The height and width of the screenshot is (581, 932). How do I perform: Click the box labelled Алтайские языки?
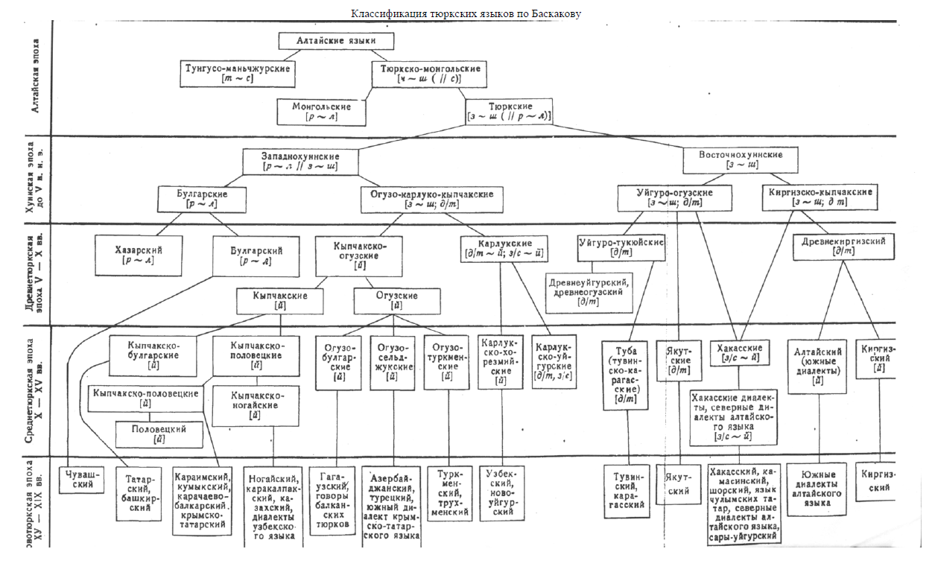336,41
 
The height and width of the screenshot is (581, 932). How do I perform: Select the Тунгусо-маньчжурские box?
238,73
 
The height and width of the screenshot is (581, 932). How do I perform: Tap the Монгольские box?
322,112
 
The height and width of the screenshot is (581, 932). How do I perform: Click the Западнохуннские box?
300,162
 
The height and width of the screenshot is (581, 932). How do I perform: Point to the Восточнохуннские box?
741,159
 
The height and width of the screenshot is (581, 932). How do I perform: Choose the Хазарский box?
139,255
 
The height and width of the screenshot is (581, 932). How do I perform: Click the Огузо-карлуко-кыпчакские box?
431,198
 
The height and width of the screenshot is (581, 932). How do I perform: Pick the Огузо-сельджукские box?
392,362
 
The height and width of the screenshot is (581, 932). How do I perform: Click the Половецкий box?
159,434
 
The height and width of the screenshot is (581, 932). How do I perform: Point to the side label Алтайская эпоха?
38,77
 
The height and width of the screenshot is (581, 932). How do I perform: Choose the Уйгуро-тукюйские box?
621,248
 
